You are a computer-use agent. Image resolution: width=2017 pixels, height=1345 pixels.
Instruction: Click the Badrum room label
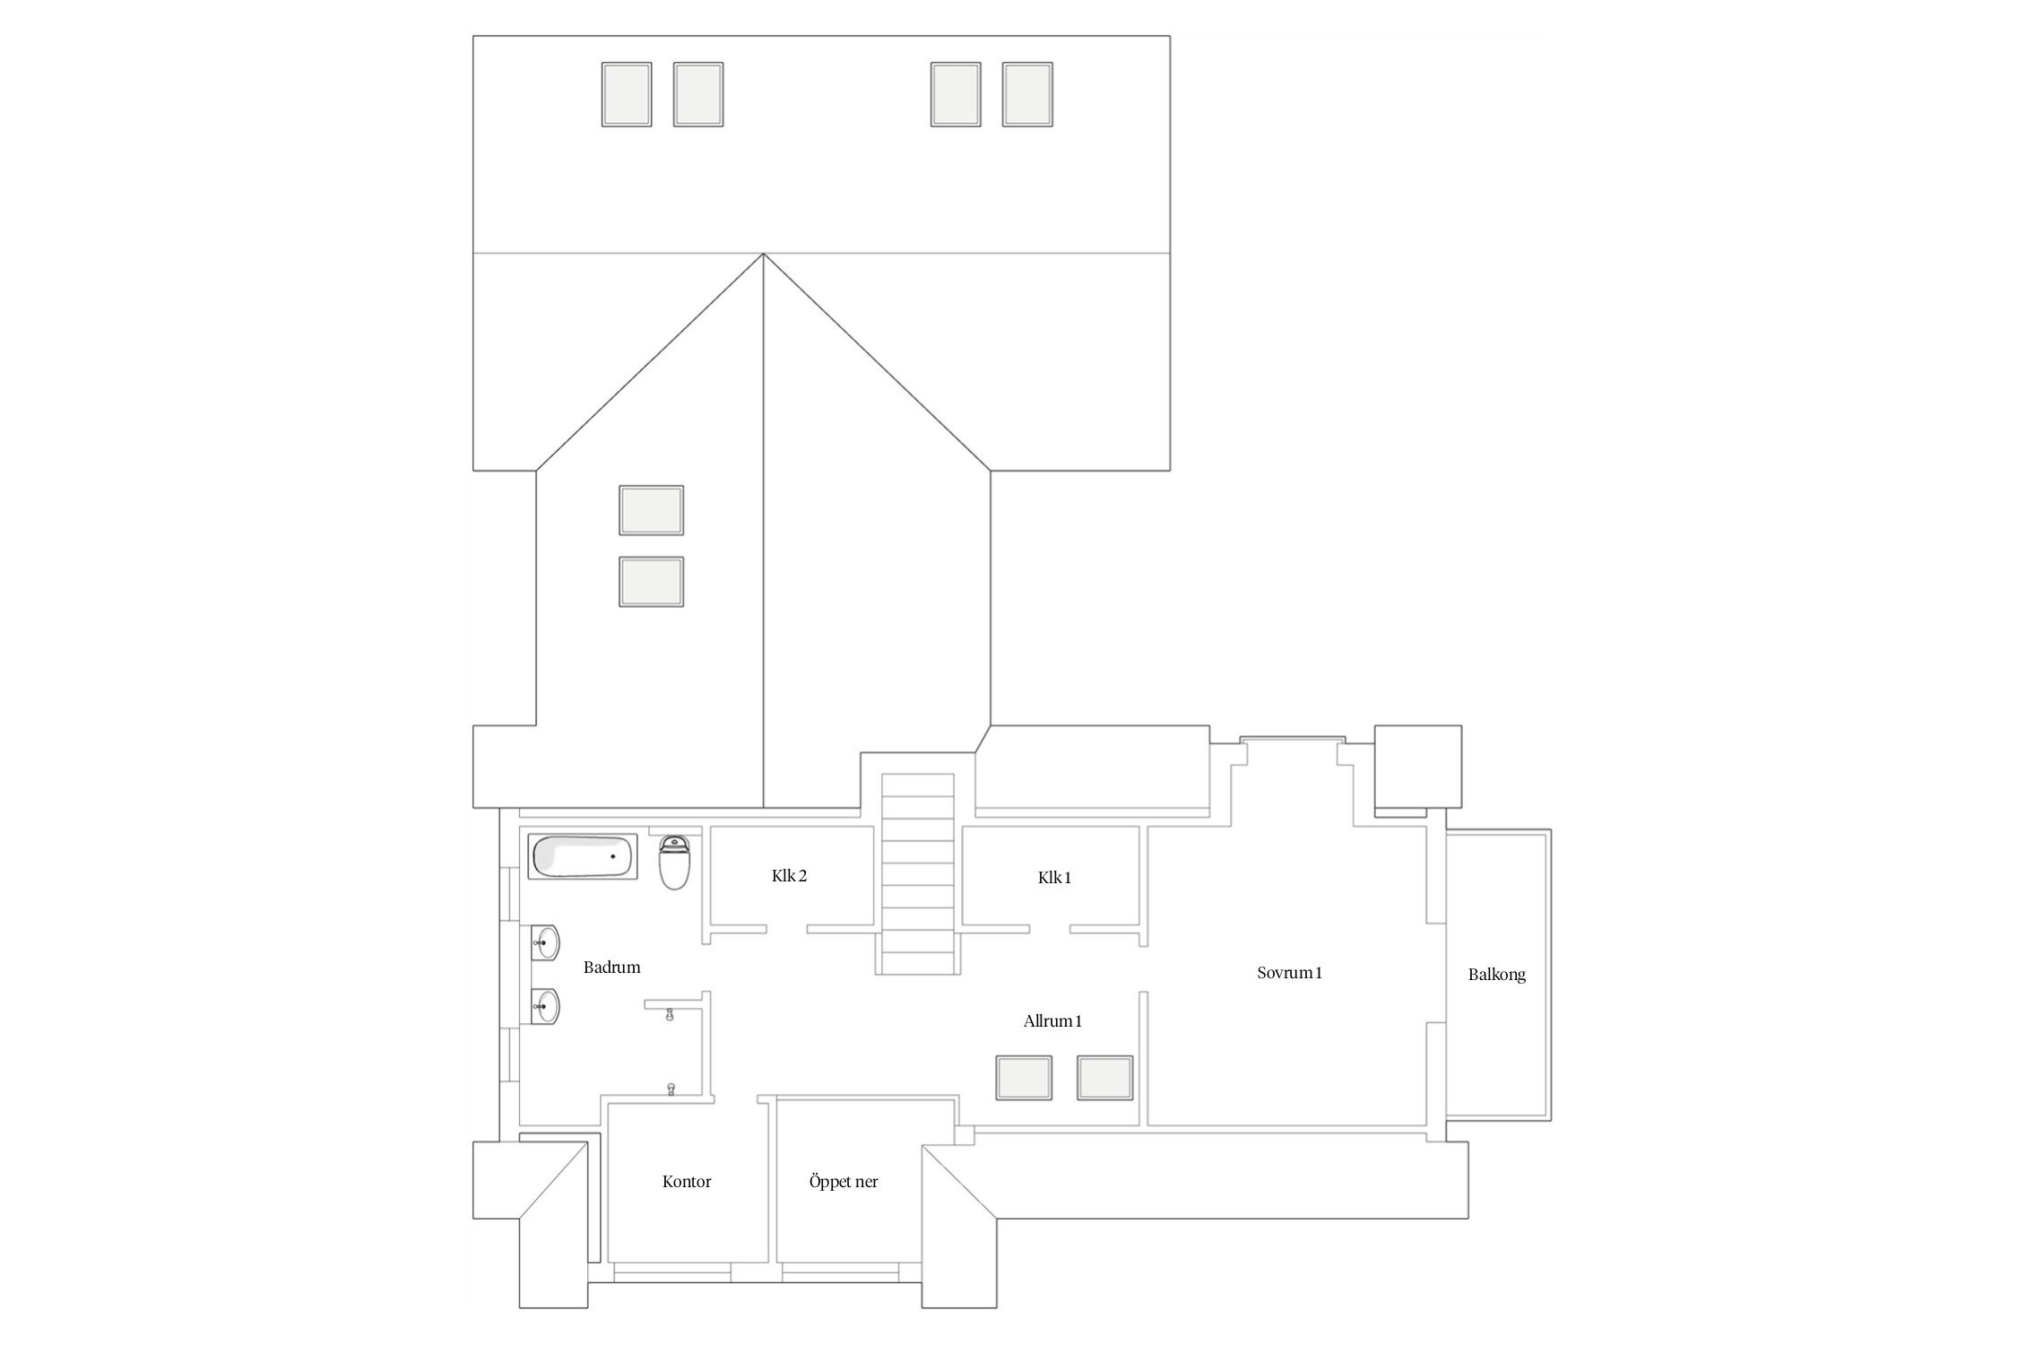tap(611, 968)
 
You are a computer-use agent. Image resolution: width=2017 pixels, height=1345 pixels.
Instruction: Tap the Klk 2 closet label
tap(789, 876)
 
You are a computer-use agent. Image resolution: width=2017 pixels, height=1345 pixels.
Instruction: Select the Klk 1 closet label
tap(1054, 878)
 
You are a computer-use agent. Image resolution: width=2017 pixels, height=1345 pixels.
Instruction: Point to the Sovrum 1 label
tap(1289, 973)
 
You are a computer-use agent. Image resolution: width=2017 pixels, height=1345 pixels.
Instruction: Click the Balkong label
tap(1496, 975)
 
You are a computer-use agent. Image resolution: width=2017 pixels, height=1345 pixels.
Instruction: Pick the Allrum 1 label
tap(1052, 1021)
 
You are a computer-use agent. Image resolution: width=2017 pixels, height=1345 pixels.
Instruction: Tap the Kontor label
tap(687, 1182)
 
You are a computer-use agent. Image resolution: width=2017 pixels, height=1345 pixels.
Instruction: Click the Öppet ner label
tap(844, 1182)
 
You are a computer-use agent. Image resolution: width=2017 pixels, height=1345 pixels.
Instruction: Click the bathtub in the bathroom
tap(583, 857)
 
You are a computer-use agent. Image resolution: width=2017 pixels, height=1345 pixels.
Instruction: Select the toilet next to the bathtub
tap(674, 862)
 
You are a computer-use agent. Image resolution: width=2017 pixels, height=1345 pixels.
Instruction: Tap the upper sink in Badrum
tap(545, 942)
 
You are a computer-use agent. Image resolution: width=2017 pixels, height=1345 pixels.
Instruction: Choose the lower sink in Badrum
tap(545, 1006)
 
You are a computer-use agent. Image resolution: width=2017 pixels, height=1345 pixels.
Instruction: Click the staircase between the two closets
tap(918, 874)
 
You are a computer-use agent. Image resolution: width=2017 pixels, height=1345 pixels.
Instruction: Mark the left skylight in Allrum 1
tap(1024, 1077)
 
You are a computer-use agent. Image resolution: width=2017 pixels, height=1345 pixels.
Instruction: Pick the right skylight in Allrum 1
tap(1104, 1077)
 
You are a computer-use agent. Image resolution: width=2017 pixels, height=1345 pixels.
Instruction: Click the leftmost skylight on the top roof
tap(627, 94)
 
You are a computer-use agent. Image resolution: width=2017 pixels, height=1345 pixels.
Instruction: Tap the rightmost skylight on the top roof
tap(1027, 94)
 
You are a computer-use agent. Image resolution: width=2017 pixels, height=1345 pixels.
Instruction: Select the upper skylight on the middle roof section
tap(652, 510)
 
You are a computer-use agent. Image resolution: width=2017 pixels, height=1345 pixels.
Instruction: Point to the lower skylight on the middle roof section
tap(652, 582)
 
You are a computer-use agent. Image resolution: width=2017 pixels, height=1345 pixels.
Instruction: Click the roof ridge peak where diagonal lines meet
tap(764, 254)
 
